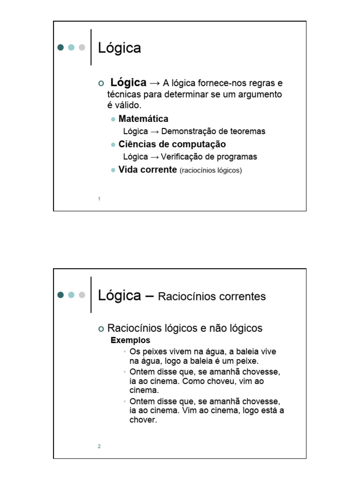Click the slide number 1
pyautogui.click(x=99, y=199)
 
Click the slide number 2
pyautogui.click(x=99, y=446)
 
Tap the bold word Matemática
pyautogui.click(x=143, y=119)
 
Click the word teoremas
pyautogui.click(x=248, y=131)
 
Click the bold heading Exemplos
pyautogui.click(x=130, y=340)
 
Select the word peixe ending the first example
pyautogui.click(x=247, y=361)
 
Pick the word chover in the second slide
pyautogui.click(x=142, y=420)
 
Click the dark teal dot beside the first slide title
pyautogui.click(x=60, y=47)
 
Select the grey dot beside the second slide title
pyautogui.click(x=82, y=295)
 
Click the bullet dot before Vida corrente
pyautogui.click(x=113, y=170)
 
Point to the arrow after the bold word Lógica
pyautogui.click(x=154, y=83)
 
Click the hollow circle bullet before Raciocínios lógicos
pyautogui.click(x=101, y=329)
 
